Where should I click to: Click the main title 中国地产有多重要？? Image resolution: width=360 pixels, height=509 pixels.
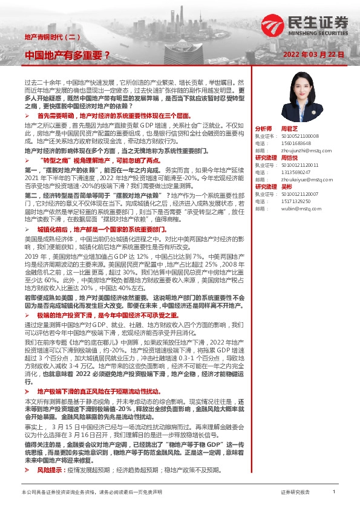[x=67, y=55]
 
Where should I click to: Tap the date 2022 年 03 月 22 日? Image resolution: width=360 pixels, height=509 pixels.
[x=313, y=54]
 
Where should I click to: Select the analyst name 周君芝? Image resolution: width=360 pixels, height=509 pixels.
[x=289, y=129]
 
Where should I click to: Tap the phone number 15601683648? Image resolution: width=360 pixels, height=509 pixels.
[x=294, y=143]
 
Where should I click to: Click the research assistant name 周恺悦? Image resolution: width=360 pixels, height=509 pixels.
[x=289, y=158]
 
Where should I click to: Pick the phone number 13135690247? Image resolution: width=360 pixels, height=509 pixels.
[x=294, y=172]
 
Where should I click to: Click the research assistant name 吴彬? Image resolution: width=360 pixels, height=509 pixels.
[x=287, y=186]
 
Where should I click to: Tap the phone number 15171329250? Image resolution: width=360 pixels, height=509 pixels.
[x=294, y=200]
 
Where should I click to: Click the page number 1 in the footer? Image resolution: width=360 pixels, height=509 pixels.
[x=333, y=492]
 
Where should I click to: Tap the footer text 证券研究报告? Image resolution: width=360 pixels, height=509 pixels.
[x=295, y=493]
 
